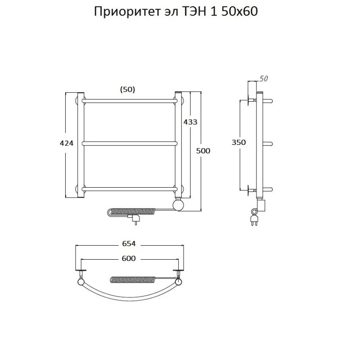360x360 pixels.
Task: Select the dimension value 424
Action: click(67, 144)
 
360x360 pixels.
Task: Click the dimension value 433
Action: click(190, 121)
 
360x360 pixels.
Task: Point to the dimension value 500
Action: click(203, 151)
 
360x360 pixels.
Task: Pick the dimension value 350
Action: click(239, 142)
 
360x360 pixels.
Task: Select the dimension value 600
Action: click(128, 258)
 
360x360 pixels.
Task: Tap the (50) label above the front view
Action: click(128, 89)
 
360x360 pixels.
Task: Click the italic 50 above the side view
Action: click(264, 79)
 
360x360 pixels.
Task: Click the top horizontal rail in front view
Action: click(130, 100)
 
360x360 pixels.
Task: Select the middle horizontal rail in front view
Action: click(130, 144)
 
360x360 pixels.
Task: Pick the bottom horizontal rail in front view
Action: click(130, 188)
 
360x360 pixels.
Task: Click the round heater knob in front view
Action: click(179, 205)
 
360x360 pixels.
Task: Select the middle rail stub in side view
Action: click(269, 144)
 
